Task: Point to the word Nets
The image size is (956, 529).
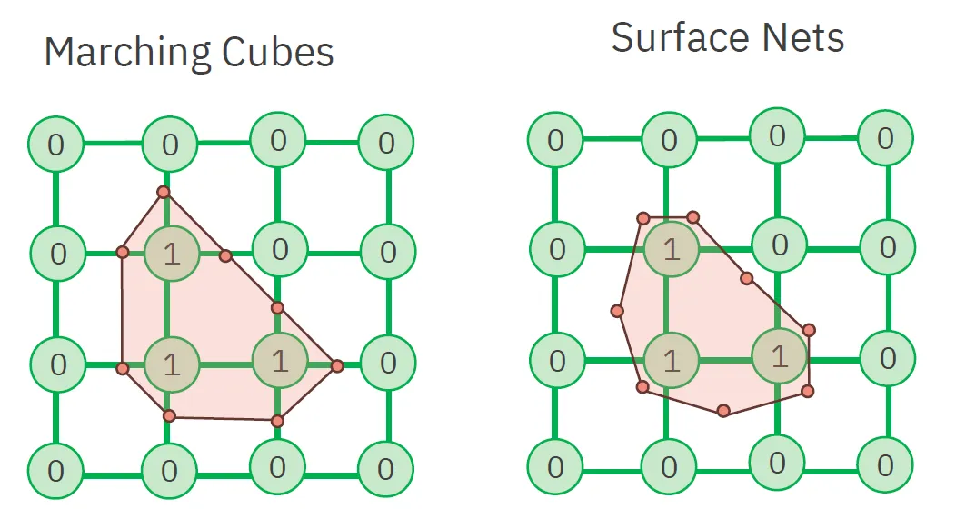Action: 800,37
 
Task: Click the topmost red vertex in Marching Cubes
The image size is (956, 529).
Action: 163,192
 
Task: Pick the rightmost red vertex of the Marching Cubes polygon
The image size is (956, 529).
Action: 337,365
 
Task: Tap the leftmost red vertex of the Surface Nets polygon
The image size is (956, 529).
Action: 617,312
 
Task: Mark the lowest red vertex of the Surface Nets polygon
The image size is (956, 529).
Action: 723,411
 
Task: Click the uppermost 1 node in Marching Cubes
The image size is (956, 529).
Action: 172,254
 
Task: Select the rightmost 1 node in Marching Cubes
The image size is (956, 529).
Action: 279,361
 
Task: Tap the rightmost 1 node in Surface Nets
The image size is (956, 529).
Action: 780,355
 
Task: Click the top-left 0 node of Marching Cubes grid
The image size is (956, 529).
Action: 56,145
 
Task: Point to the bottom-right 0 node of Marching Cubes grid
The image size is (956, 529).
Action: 385,470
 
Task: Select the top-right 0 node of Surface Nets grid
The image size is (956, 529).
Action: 886,139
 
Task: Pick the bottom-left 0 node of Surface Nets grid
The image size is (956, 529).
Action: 555,468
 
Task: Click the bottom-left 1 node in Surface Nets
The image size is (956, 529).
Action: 671,360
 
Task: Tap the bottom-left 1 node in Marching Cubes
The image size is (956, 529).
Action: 171,364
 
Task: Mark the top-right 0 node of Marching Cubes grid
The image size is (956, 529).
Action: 386,143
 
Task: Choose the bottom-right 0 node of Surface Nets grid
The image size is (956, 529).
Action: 886,464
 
